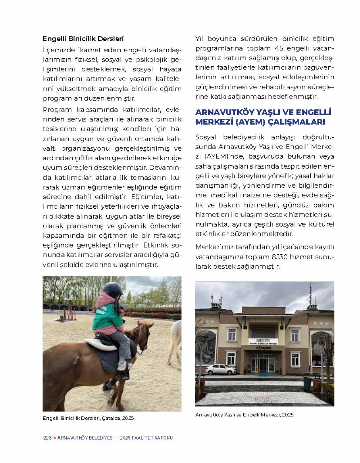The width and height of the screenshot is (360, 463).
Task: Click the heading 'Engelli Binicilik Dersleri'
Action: pyautogui.click(x=83, y=39)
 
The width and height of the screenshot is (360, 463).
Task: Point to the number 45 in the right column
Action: pyautogui.click(x=279, y=48)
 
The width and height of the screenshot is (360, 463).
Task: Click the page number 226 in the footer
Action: pyautogui.click(x=47, y=438)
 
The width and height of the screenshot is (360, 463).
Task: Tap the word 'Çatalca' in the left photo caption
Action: pyautogui.click(x=111, y=418)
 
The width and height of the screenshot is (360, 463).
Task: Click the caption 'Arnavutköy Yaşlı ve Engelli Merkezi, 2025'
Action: pyautogui.click(x=244, y=414)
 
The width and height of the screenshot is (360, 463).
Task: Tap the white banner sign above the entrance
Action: pyautogui.click(x=263, y=341)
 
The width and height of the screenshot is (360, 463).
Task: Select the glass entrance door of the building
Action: pyautogui.click(x=263, y=364)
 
